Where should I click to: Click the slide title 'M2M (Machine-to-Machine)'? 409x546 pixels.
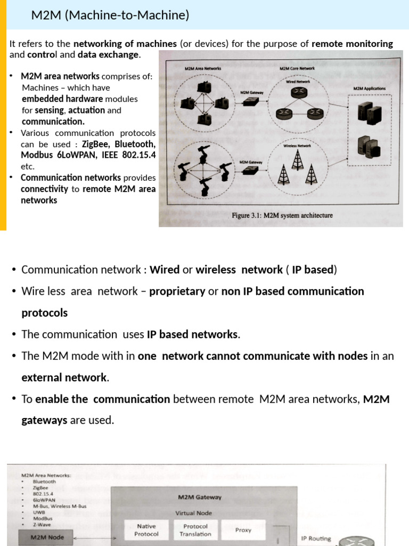coord(110,15)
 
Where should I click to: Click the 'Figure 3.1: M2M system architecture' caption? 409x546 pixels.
coord(282,215)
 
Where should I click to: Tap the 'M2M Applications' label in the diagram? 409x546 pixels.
coord(369,89)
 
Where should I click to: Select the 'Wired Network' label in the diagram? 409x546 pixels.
coord(298,82)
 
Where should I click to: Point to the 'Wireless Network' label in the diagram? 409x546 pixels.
coord(297,145)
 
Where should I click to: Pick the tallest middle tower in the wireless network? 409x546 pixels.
coord(298,158)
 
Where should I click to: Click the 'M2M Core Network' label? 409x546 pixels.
coord(297,69)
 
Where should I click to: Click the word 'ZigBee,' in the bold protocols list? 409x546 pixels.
coord(96,144)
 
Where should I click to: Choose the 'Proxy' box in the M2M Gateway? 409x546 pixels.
coord(243,530)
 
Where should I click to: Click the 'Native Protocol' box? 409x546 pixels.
coord(146,530)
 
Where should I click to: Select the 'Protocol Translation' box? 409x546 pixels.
coord(195,530)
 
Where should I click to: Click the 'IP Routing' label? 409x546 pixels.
coord(316,539)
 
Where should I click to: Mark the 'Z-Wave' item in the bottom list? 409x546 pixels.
coord(42,525)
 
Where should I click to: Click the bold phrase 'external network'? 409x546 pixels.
coord(64,378)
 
